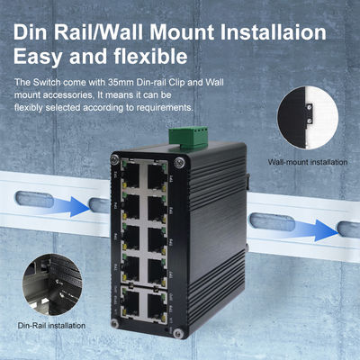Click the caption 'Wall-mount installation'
308,163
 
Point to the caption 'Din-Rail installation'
51,324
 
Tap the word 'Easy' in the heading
37,60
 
